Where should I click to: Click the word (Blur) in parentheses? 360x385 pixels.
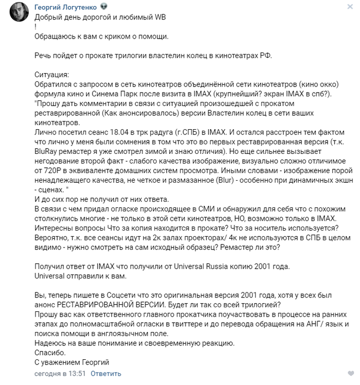click(x=228, y=181)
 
